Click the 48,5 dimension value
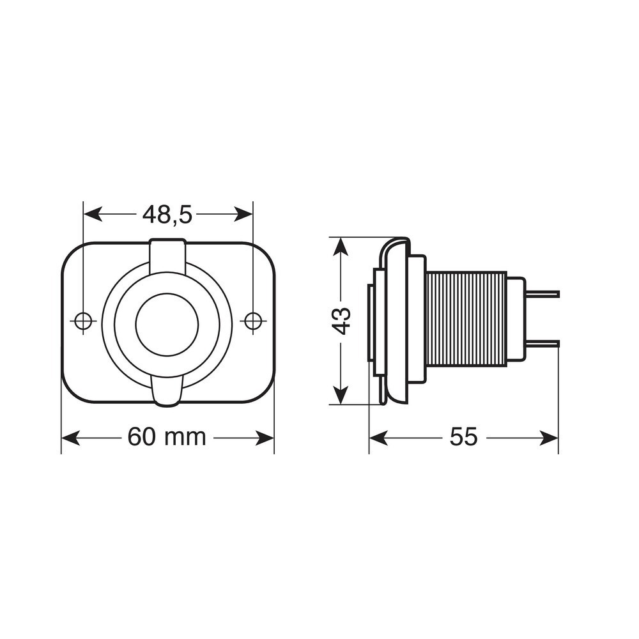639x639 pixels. (167, 215)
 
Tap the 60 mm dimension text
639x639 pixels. (167, 437)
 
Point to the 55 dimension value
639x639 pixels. (463, 437)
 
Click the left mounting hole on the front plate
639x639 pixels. (83, 320)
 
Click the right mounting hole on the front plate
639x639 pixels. (252, 320)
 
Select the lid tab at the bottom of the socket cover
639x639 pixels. (167, 389)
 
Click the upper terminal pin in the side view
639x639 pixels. (543, 294)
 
